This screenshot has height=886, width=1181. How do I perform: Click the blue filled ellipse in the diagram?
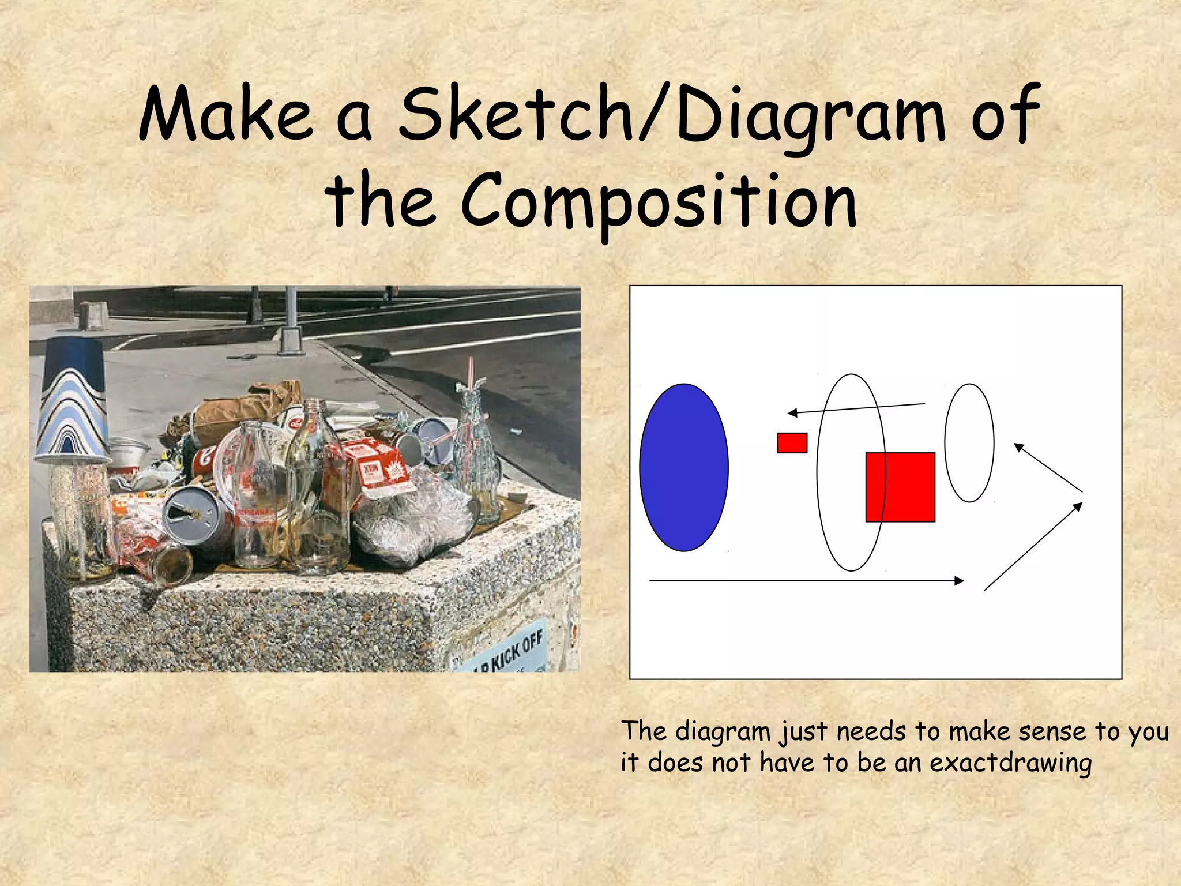[684, 468]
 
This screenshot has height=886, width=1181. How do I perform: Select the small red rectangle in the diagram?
[792, 443]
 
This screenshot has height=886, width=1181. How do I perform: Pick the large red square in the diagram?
[900, 487]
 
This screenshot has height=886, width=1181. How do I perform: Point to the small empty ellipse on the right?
[969, 443]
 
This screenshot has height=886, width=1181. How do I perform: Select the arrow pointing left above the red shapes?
[856, 408]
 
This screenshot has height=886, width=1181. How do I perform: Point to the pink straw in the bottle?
[470, 381]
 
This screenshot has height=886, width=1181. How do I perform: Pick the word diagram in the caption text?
[723, 731]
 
